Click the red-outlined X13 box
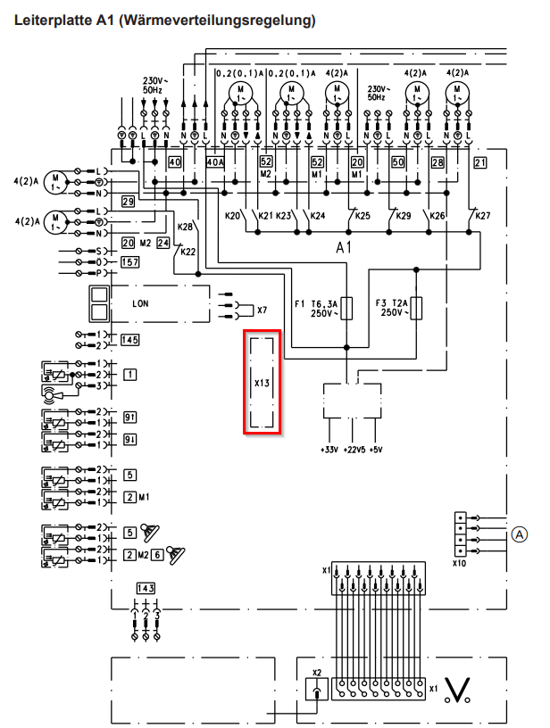(x=263, y=382)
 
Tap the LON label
(x=140, y=303)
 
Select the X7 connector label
(x=262, y=310)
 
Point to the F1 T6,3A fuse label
(x=317, y=309)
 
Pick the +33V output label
(x=329, y=449)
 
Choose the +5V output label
(x=379, y=449)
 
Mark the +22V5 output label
(x=354, y=449)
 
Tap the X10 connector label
(x=459, y=563)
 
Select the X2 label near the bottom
(x=316, y=672)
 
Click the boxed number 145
(x=130, y=340)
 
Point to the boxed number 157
(x=130, y=262)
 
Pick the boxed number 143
(x=146, y=588)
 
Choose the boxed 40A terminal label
(x=215, y=161)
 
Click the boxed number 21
(x=479, y=161)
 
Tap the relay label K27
(x=483, y=216)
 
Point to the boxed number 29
(x=128, y=203)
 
